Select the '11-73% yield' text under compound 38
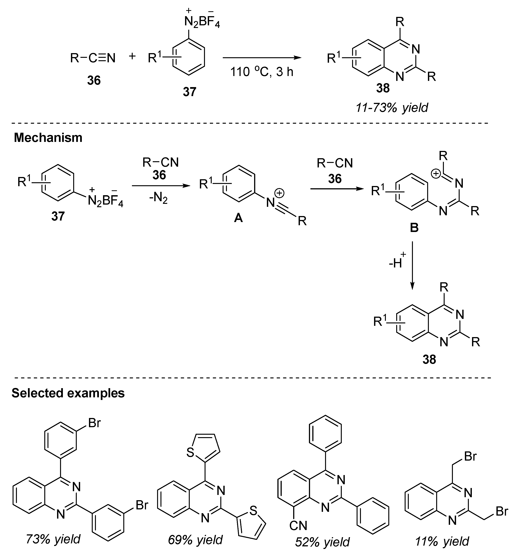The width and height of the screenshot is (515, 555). pos(392,107)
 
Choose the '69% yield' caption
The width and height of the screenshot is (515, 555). pos(195,540)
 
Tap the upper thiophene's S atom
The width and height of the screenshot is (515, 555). pos(190,453)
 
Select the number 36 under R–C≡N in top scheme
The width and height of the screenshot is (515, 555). pos(94,81)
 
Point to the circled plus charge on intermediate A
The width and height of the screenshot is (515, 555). pos(279,193)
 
